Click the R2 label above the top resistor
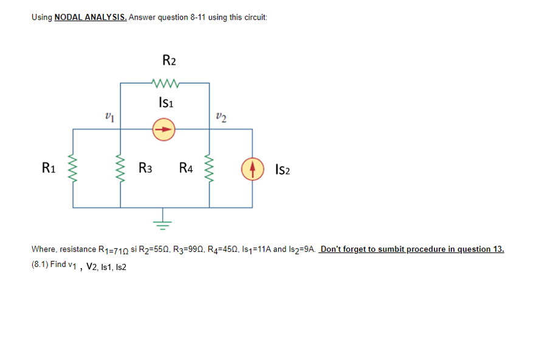[170, 60]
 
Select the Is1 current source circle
[164, 129]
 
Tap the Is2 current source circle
[253, 168]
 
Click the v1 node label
[110, 116]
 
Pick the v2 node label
[221, 116]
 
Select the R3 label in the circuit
[146, 168]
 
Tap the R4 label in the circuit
[187, 168]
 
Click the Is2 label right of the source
[282, 169]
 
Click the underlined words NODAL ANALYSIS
[90, 17]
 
